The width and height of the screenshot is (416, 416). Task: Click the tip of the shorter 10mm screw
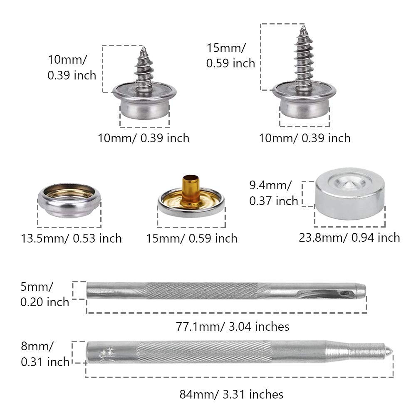click(144, 47)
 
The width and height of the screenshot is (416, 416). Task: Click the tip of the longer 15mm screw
click(304, 25)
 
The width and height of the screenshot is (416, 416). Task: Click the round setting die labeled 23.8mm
click(350, 193)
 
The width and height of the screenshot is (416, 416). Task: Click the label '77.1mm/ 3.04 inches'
click(233, 326)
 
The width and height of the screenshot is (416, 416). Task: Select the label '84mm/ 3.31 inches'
click(231, 394)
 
